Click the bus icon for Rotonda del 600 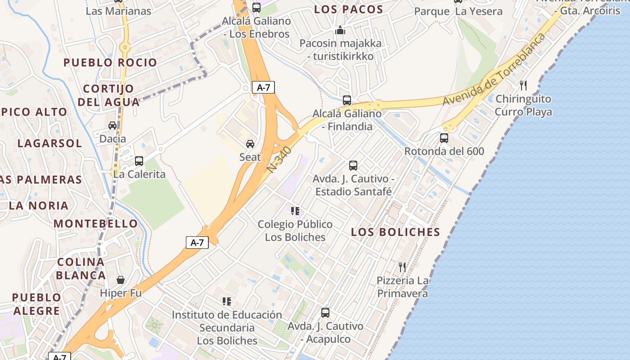(x=444, y=138)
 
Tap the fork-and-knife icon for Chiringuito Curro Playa (x=523, y=85)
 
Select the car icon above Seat (x=250, y=144)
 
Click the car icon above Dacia (x=112, y=126)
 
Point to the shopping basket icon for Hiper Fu (x=121, y=280)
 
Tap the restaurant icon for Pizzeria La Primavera (x=402, y=267)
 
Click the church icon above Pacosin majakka (x=340, y=31)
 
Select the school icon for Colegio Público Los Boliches (x=295, y=211)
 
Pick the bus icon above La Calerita (x=139, y=161)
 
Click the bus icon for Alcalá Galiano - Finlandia (x=347, y=100)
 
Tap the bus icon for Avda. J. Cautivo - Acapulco (x=325, y=312)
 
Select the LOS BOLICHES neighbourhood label (x=396, y=232)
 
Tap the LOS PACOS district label (x=349, y=9)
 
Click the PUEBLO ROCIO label (x=110, y=63)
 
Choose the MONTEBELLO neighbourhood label (x=96, y=224)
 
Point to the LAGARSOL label (x=50, y=144)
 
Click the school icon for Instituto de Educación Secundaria (x=227, y=301)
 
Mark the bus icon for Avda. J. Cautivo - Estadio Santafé (x=353, y=165)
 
